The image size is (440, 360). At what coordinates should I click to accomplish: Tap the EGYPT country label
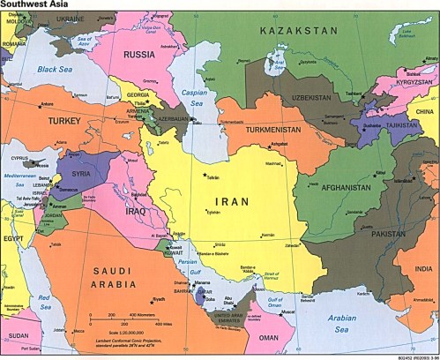[x=12, y=239]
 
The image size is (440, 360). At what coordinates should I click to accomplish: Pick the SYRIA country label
[x=80, y=174]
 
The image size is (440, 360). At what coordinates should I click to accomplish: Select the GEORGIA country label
[x=138, y=95]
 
